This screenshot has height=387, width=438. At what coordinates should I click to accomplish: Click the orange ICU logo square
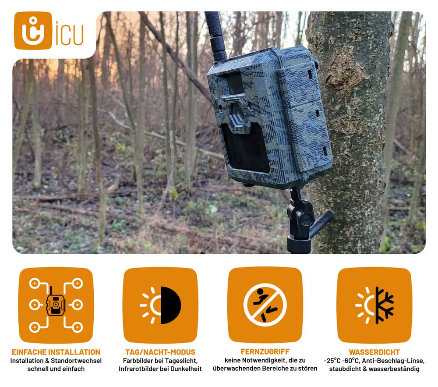pyautogui.click(x=33, y=30)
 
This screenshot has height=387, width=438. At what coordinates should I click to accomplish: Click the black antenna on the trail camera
pyautogui.click(x=216, y=36)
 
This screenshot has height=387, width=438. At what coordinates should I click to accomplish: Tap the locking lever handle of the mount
pyautogui.click(x=321, y=224)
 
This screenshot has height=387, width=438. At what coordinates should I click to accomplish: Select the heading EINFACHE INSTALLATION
pyautogui.click(x=56, y=352)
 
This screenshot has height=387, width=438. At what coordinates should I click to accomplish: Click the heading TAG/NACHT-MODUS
pyautogui.click(x=160, y=352)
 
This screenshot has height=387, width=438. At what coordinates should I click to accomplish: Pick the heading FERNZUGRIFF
pyautogui.click(x=265, y=351)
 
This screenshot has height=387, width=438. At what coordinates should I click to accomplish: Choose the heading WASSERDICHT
pyautogui.click(x=374, y=352)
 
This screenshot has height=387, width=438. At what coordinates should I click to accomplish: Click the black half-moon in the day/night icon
pyautogui.click(x=170, y=305)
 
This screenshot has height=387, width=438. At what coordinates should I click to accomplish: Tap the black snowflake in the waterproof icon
pyautogui.click(x=385, y=305)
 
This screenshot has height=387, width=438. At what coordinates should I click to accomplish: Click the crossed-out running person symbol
pyautogui.click(x=265, y=305)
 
